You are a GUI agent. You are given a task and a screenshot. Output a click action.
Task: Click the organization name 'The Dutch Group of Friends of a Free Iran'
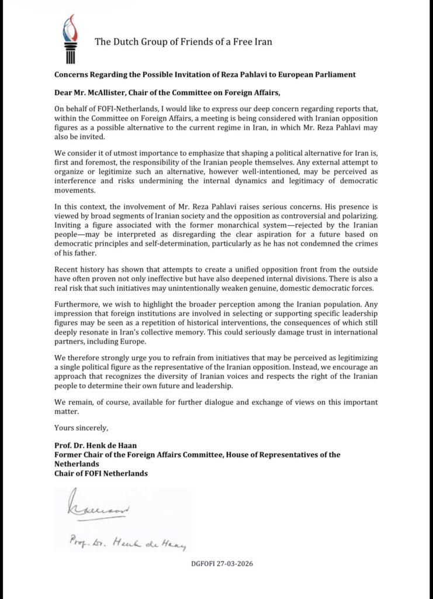pyautogui.click(x=183, y=42)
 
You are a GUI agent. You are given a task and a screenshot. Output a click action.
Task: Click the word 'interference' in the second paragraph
pyautogui.click(x=77, y=171)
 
